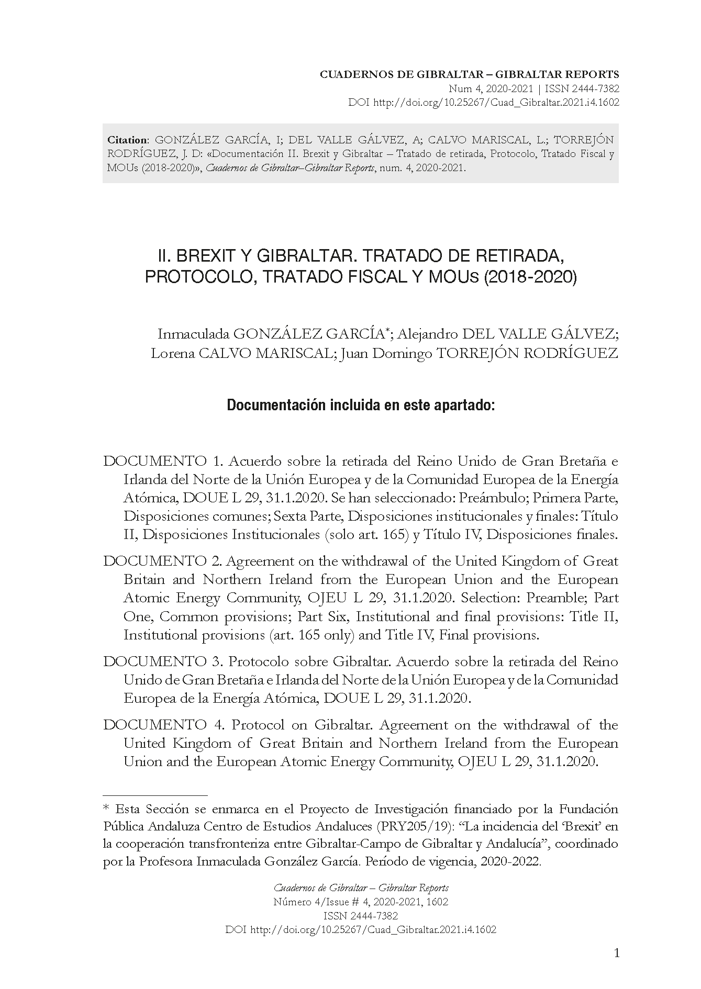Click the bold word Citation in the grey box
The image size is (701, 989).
[128, 140]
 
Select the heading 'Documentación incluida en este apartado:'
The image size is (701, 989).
[361, 406]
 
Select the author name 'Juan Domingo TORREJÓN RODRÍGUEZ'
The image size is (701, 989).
[479, 353]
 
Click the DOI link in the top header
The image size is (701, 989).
[496, 103]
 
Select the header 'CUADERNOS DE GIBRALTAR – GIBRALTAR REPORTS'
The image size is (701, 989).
[469, 74]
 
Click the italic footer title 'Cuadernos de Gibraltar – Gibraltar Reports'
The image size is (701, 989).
[361, 888]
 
